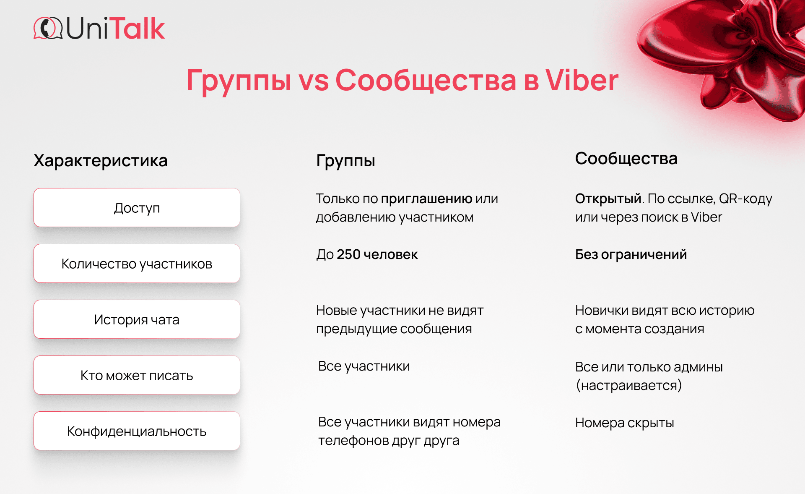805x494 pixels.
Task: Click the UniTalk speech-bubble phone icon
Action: tap(48, 28)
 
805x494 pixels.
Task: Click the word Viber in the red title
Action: tap(582, 80)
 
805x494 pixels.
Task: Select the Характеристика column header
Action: tap(101, 160)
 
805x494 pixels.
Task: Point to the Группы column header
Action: tap(345, 161)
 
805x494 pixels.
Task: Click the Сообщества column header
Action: tap(626, 159)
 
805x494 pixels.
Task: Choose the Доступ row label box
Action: tap(137, 208)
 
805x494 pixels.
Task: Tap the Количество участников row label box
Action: tap(137, 264)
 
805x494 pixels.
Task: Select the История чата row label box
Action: tap(137, 319)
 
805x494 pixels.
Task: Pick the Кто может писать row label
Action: tap(137, 375)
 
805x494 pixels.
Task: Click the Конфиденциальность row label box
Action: tap(137, 431)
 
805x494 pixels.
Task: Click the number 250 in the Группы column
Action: tap(348, 254)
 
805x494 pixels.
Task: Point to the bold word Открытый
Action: tap(608, 198)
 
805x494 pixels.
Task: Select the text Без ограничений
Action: tap(631, 254)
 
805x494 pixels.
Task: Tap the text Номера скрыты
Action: tap(625, 423)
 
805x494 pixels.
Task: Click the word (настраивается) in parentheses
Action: tap(629, 385)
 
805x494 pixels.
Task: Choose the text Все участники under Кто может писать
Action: tap(364, 366)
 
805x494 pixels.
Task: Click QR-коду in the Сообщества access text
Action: tap(745, 199)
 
